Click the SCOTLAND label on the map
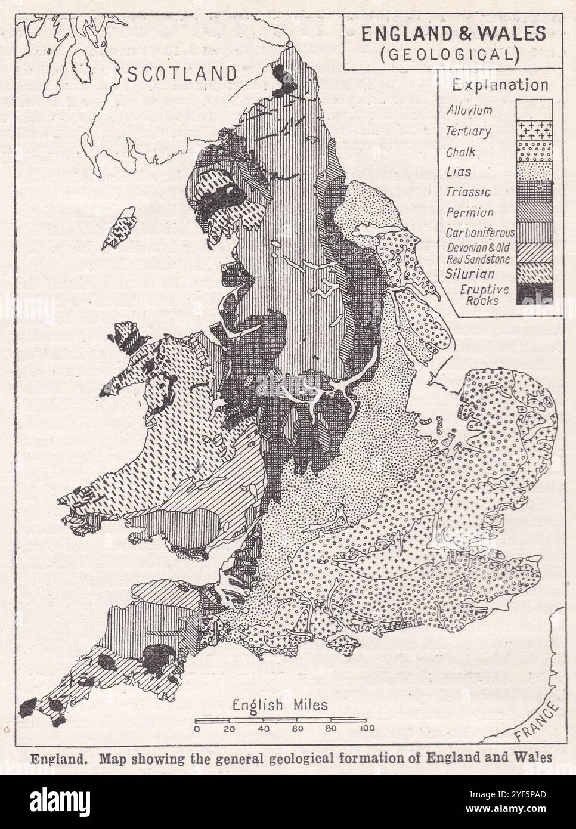182,74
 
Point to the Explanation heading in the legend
500,85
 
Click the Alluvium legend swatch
534,110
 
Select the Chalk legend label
461,151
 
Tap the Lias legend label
459,172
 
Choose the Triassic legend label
469,192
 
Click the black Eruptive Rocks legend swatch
534,293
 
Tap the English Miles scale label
281,704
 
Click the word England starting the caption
52,759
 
